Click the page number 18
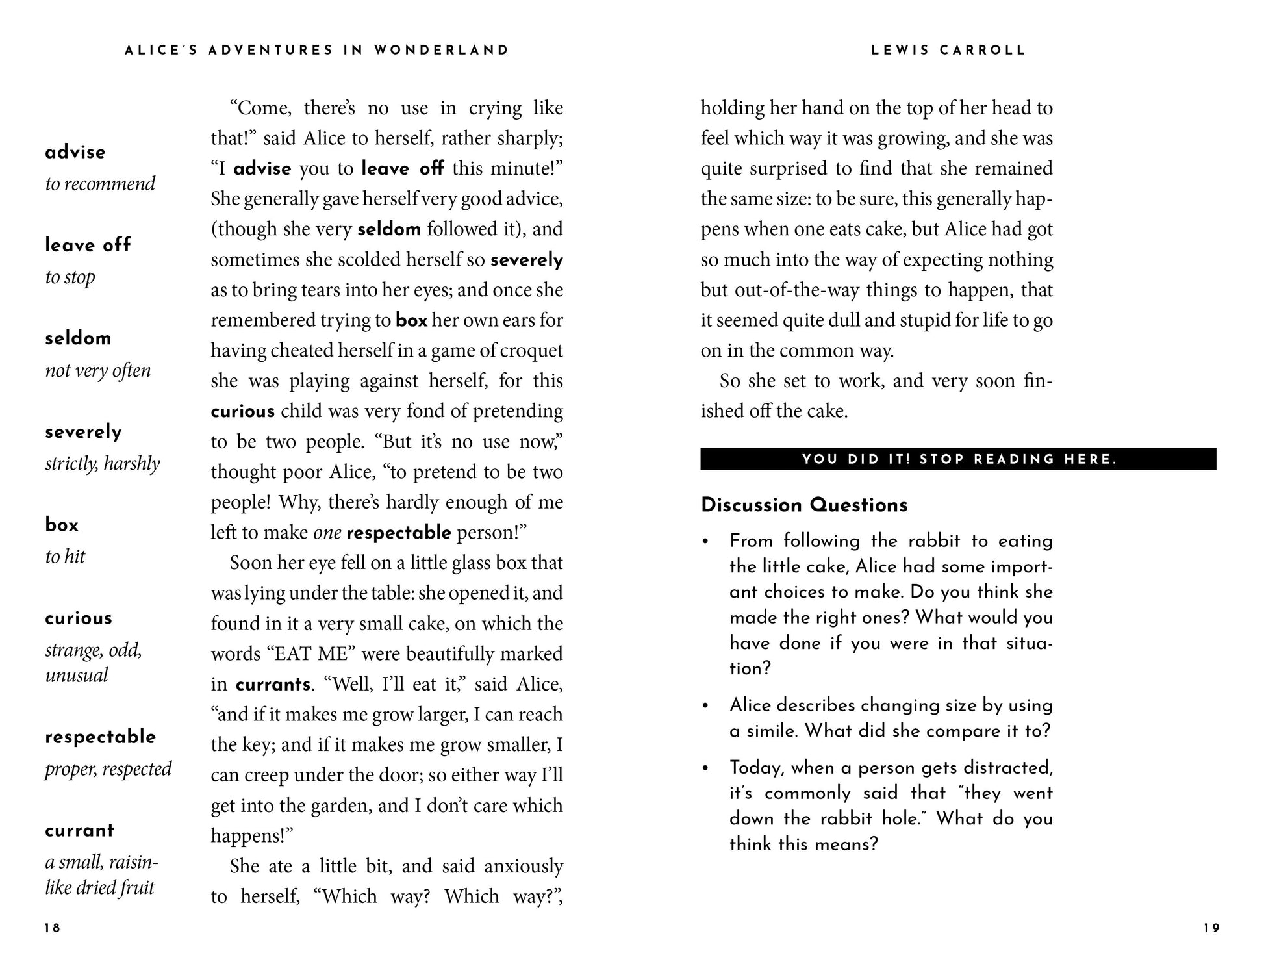(53, 928)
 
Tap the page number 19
(1211, 928)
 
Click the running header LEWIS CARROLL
(948, 51)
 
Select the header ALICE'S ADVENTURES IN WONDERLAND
(317, 51)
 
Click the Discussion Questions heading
(804, 505)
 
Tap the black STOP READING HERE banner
(958, 459)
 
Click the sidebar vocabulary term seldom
(78, 338)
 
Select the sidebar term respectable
(101, 737)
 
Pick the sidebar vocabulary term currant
(79, 831)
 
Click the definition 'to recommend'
(100, 184)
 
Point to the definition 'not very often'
(97, 370)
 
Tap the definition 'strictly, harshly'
(102, 464)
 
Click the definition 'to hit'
(65, 557)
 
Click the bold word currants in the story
(273, 685)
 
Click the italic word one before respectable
(327, 533)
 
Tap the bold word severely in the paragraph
(527, 260)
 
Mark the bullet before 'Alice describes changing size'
(705, 706)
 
